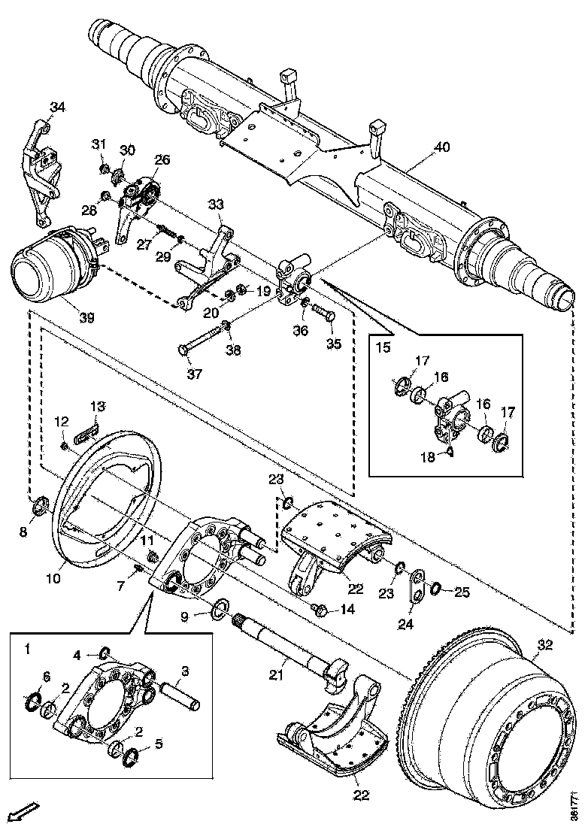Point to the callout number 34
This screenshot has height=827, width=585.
coord(58,107)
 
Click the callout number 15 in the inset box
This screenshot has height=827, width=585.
coord(384,348)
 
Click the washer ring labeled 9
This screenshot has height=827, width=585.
coord(222,607)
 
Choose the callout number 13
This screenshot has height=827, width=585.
coord(99,407)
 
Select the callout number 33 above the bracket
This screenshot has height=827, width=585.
coord(216,204)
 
